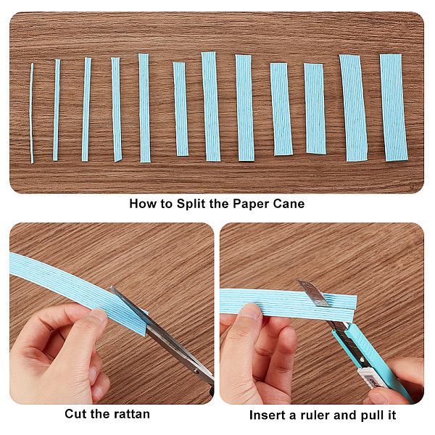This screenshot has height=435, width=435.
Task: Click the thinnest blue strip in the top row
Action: pos(32,113)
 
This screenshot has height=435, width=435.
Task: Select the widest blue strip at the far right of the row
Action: pos(394,107)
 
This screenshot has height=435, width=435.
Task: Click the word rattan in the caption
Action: pos(128,414)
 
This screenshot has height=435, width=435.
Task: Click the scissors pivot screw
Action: pos(196,371)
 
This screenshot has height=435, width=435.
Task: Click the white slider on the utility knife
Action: pos(372,378)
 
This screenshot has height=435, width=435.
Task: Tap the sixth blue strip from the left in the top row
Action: pos(181,109)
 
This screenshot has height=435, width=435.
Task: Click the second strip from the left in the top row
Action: pos(57,110)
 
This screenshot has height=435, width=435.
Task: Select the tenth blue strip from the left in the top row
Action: pos(315,109)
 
